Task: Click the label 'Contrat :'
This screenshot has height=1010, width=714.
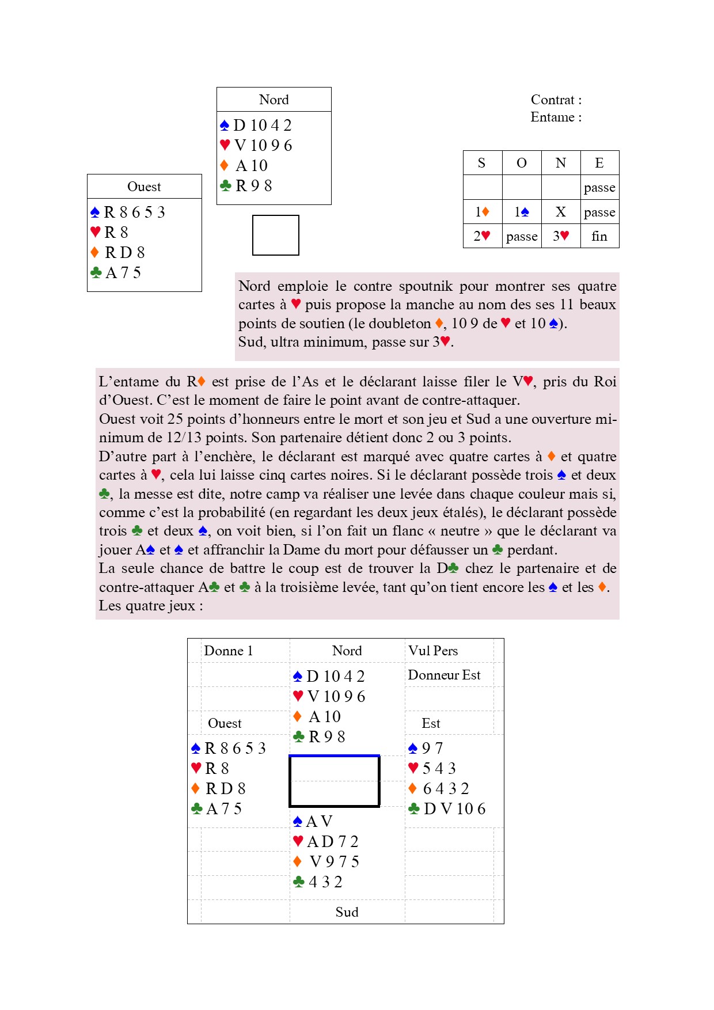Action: pos(556,100)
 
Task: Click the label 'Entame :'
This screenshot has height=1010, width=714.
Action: pos(556,117)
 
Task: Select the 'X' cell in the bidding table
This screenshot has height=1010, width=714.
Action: pos(560,212)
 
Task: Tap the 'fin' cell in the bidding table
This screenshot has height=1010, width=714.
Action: pos(599,236)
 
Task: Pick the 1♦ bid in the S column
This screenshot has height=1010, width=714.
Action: pos(482,212)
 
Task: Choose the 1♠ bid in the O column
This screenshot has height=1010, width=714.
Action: pos(521,212)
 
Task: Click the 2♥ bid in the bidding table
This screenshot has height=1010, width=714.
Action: pos(482,236)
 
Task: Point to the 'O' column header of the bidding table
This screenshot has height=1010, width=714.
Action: pos(521,163)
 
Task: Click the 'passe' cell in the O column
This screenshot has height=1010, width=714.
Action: pos(521,237)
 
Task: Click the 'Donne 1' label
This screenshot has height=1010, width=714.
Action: pos(229,651)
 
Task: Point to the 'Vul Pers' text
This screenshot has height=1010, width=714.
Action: pos(433,651)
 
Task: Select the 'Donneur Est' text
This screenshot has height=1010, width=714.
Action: pos(444,675)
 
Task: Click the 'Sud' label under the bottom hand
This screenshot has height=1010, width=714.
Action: pos(347,912)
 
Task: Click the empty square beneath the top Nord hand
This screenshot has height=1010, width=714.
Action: pos(276,235)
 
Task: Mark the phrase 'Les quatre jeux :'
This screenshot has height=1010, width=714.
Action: pos(150,606)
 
